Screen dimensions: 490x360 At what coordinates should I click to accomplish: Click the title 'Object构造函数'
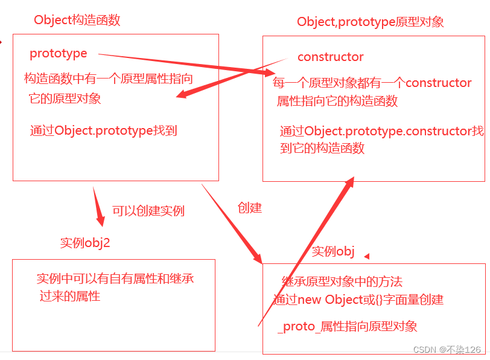click(77, 20)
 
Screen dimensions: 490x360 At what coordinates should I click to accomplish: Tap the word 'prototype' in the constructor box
click(59, 54)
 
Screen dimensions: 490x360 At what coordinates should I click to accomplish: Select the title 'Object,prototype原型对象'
click(371, 22)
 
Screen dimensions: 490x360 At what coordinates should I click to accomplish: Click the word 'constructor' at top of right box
click(331, 57)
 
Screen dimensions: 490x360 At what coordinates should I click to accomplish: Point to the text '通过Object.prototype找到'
click(103, 130)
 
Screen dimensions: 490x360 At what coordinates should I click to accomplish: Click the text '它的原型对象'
click(65, 98)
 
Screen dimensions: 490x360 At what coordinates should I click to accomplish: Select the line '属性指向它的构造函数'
click(337, 101)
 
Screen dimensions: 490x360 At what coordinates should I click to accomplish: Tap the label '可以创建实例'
click(148, 211)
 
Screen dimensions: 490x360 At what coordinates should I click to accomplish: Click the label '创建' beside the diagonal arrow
click(250, 208)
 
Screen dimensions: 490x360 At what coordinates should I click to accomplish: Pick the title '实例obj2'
click(85, 243)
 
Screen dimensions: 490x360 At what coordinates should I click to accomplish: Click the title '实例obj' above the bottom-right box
click(332, 251)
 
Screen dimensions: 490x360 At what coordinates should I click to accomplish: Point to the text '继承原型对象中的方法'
click(342, 281)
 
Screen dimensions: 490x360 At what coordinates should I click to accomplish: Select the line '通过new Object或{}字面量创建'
click(358, 300)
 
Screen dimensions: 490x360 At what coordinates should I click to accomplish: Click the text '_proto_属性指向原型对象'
click(348, 327)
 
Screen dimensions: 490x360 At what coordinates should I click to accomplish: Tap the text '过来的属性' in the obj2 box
click(70, 296)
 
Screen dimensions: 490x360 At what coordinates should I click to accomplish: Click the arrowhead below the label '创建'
click(256, 256)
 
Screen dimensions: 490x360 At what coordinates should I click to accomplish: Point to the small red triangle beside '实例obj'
click(366, 257)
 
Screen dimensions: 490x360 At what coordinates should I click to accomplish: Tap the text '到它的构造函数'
click(322, 148)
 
